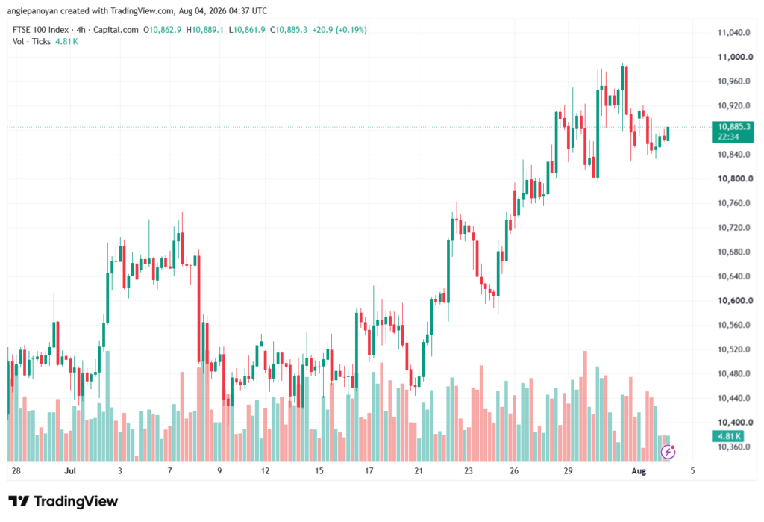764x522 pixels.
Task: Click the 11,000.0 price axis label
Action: (735, 57)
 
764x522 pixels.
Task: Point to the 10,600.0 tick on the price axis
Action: (735, 300)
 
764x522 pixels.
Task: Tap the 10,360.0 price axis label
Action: (734, 447)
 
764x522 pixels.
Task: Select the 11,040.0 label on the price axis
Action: (734, 33)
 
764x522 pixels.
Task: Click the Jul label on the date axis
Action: (70, 470)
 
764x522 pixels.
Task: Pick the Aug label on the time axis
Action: (639, 470)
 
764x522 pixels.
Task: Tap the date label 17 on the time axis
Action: (369, 470)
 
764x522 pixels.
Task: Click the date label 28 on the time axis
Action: (16, 470)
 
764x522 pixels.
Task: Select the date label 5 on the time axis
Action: (692, 470)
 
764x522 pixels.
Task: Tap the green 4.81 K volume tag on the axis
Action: (727, 436)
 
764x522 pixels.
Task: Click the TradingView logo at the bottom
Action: (63, 501)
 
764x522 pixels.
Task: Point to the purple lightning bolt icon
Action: (668, 453)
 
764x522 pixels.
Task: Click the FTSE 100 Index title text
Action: (40, 30)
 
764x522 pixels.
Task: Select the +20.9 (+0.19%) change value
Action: (339, 30)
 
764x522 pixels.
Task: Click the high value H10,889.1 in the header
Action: (204, 30)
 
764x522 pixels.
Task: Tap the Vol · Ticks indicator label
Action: (31, 42)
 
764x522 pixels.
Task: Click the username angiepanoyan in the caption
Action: (33, 10)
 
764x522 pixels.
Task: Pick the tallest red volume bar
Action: (585, 406)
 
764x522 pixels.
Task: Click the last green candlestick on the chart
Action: (668, 134)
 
